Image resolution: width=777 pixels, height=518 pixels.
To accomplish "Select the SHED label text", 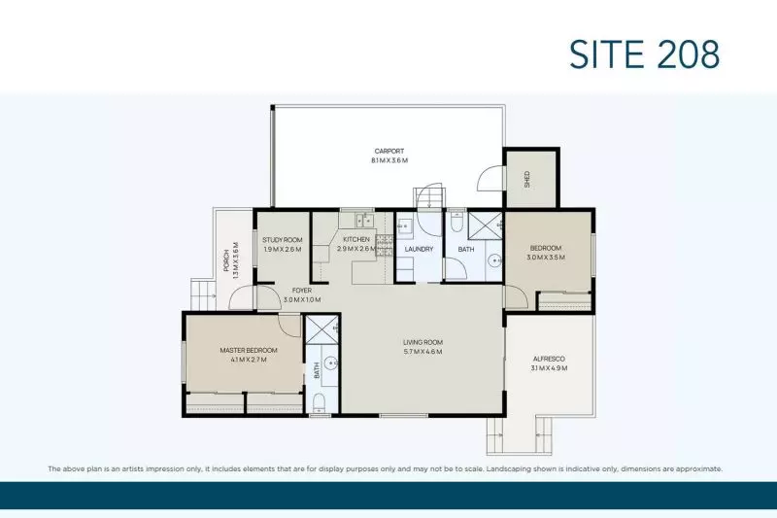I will [527, 179].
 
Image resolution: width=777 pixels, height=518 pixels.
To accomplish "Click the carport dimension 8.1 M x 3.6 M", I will [389, 160].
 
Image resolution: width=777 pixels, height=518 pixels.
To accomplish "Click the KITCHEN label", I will [356, 239].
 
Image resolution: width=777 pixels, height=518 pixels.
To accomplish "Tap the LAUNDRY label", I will [419, 250].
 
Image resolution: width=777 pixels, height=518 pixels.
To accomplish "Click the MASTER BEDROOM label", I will [249, 350].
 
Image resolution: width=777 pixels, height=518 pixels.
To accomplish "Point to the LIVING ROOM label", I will [423, 342].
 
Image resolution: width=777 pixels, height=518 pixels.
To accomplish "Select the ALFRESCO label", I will [549, 359].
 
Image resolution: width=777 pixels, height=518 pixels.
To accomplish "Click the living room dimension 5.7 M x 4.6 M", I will [423, 352].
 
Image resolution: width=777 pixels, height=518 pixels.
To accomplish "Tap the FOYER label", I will [302, 291].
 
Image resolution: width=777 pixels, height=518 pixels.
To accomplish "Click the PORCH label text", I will [225, 260].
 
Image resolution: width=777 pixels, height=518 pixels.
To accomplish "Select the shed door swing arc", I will [490, 180].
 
